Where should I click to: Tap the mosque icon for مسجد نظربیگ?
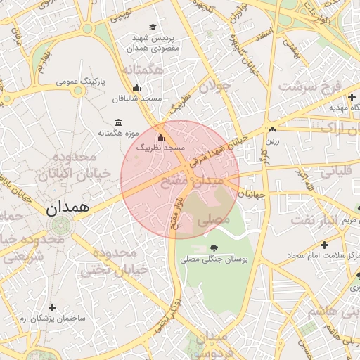pyautogui.click(x=160, y=137)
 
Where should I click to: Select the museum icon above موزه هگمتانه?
pyautogui.click(x=117, y=122)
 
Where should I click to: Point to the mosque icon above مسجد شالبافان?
pyautogui.click(x=136, y=88)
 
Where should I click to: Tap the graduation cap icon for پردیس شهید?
pyautogui.click(x=153, y=27)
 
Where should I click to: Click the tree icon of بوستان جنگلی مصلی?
pyautogui.click(x=214, y=247)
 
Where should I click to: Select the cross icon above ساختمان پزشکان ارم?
pyautogui.click(x=52, y=307)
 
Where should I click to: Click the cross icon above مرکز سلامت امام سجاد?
pyautogui.click(x=323, y=244)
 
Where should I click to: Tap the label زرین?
pyautogui.click(x=272, y=140)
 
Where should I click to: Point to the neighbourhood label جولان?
pyautogui.click(x=214, y=86)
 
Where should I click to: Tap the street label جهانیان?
pyautogui.click(x=250, y=196)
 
